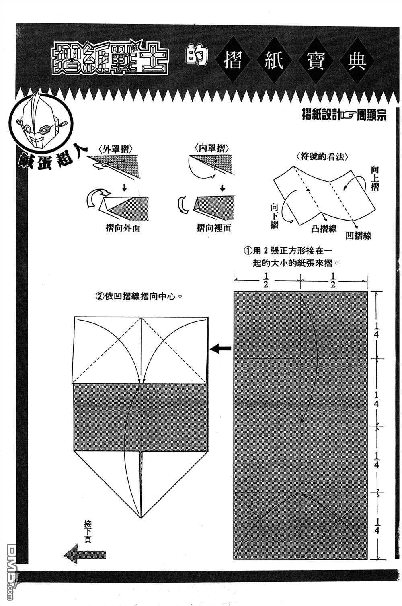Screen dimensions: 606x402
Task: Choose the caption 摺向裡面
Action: pyautogui.click(x=214, y=228)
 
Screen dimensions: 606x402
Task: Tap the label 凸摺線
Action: pyautogui.click(x=324, y=228)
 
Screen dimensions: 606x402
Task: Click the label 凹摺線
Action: pyautogui.click(x=358, y=235)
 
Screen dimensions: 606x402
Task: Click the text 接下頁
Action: pyautogui.click(x=88, y=530)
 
